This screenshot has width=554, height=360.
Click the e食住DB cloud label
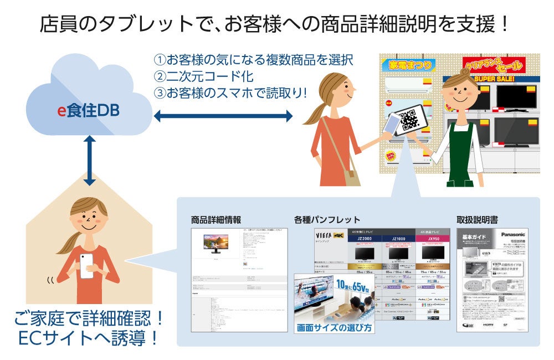89,111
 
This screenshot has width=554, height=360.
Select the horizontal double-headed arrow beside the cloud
223,116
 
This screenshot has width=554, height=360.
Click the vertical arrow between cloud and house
89,161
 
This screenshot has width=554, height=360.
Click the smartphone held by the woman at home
88,266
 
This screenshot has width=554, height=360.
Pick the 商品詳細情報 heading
216,219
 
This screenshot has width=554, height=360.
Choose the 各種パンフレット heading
327,219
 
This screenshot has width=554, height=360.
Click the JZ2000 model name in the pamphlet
365,239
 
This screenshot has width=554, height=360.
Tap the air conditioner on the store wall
410,83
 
